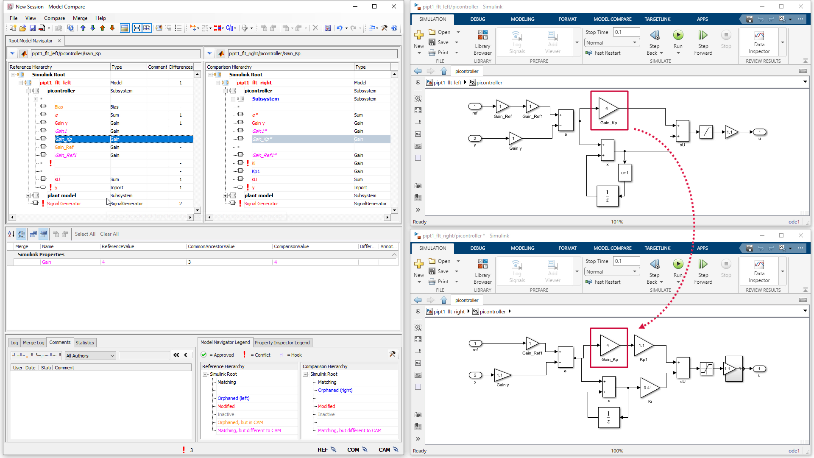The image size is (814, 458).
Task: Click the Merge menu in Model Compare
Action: point(80,18)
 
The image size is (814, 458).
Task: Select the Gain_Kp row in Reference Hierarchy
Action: point(64,139)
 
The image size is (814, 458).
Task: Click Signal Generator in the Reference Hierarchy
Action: point(64,204)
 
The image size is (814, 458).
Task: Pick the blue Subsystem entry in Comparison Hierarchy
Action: point(265,99)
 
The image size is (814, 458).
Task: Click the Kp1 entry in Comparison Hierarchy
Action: point(256,171)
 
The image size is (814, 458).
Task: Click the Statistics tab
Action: point(85,343)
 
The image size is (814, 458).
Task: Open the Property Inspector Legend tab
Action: point(282,343)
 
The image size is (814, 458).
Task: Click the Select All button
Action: point(85,234)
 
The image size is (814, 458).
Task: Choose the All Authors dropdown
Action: point(90,356)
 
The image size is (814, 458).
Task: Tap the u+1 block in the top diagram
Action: point(624,173)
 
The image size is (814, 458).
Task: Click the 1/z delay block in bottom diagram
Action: point(608,417)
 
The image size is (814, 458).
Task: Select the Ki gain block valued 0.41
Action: point(649,388)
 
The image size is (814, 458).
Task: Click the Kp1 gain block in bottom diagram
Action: point(643,346)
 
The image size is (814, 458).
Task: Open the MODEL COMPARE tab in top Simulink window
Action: point(612,19)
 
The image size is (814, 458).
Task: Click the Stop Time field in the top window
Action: point(626,32)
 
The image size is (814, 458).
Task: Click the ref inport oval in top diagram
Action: point(475,106)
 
